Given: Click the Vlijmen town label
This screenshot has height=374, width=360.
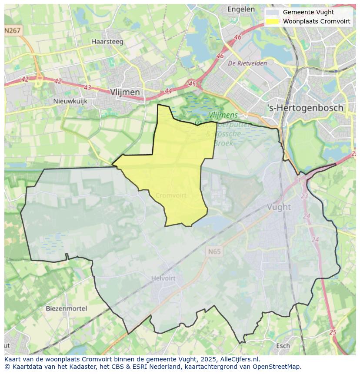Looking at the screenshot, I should [x=125, y=92].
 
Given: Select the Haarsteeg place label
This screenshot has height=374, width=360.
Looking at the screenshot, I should [x=107, y=42].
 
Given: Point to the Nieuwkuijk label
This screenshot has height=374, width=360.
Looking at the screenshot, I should [x=70, y=101].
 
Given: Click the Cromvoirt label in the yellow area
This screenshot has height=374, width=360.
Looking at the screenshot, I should [x=170, y=195].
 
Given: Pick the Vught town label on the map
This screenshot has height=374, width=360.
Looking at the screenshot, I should [x=279, y=207].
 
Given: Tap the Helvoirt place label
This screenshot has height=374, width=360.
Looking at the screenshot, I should [x=163, y=278].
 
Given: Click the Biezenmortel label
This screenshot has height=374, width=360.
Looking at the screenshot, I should [x=66, y=308].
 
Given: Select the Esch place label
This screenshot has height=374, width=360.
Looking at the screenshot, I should [x=283, y=346].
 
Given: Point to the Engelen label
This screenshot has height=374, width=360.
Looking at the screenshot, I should [x=241, y=9].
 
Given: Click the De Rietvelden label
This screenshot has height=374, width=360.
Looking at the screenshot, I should [x=247, y=63].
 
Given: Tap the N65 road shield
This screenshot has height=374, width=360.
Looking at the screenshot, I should [x=214, y=252].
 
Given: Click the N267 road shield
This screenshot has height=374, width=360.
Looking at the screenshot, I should [x=13, y=30].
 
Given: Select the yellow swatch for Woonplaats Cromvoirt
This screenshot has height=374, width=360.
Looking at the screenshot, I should [x=273, y=21].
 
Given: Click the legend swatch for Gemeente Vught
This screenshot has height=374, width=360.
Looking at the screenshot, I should [x=273, y=13].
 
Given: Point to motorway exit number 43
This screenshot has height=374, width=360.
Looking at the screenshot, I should [x=87, y=87].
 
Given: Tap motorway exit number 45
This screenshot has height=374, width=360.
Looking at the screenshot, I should [x=192, y=83].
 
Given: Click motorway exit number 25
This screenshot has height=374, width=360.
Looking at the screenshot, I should [x=333, y=332].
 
